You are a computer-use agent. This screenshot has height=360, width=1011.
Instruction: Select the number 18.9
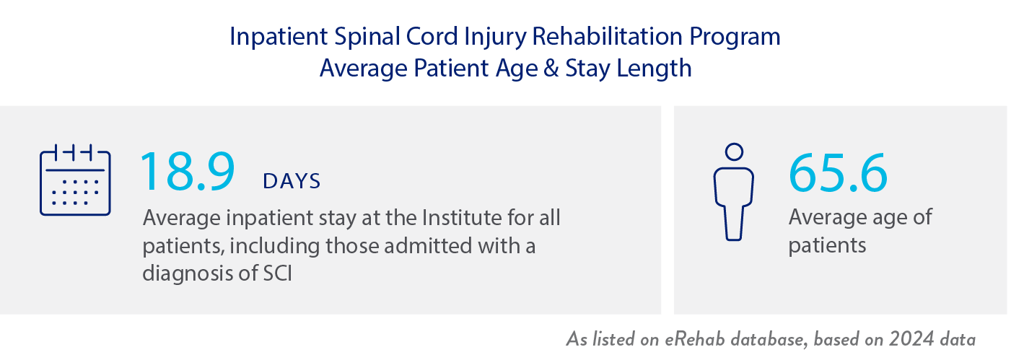click(188, 172)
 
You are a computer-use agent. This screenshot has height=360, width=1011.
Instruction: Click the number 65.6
click(838, 173)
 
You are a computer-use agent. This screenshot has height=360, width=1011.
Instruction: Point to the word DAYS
click(292, 181)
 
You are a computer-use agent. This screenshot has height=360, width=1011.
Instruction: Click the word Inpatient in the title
click(279, 38)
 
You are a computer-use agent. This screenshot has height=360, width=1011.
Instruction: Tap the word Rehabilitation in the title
click(607, 36)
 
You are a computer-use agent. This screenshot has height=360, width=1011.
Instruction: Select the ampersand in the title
click(551, 69)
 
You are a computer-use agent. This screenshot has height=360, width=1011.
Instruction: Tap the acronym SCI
click(278, 273)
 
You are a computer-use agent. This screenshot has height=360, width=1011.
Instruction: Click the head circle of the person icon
click(734, 152)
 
